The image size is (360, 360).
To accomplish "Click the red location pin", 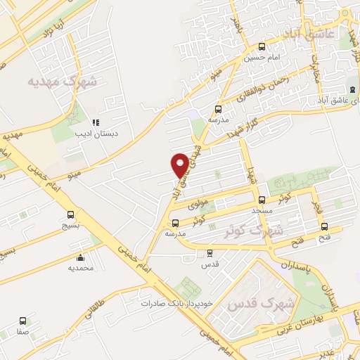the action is pos(181,165).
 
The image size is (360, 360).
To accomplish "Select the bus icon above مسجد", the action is pos(262,200).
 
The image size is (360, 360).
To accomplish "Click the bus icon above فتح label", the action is pos(324,226).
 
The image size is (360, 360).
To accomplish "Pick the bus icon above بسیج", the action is pos(70,214).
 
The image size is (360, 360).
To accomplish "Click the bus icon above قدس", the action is pos(210,253).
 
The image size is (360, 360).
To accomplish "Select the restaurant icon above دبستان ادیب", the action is pos(96,122).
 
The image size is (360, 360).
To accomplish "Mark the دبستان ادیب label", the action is pos(96,133).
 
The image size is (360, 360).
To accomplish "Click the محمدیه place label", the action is pos(81,268).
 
